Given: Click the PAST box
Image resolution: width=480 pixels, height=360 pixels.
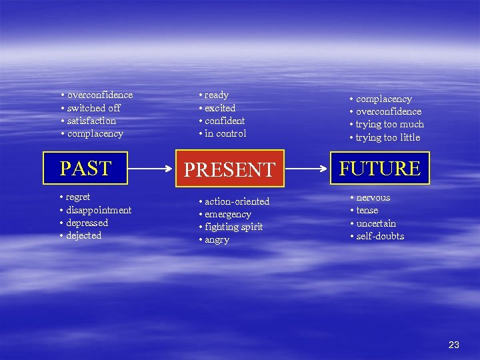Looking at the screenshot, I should (x=85, y=168).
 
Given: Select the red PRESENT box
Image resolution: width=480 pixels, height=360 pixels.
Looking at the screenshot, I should (x=229, y=169).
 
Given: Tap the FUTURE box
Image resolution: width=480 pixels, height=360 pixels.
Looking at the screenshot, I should (x=379, y=168).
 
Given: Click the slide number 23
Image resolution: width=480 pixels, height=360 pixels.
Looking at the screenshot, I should (x=454, y=345).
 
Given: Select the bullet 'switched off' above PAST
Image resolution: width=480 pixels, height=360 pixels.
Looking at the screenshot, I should (x=93, y=108).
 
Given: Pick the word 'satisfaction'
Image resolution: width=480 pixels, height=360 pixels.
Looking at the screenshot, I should (x=91, y=121).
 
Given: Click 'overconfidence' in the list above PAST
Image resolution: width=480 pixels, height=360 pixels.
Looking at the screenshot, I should (x=99, y=95).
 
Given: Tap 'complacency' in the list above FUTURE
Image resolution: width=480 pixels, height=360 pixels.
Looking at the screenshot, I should (x=383, y=99).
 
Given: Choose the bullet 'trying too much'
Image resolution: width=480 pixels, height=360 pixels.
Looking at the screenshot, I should (x=389, y=125).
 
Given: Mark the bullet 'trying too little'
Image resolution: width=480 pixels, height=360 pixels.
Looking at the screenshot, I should (x=387, y=137).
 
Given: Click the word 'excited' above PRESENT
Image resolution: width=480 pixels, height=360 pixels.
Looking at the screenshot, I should (x=220, y=108).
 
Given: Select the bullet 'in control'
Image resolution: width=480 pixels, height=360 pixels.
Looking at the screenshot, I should (x=225, y=133).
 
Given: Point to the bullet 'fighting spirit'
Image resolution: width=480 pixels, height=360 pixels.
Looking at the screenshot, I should (x=233, y=227).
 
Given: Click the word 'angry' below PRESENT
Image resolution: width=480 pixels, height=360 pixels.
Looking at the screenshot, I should (x=217, y=240).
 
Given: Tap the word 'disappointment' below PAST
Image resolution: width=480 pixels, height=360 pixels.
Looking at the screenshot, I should (x=99, y=210).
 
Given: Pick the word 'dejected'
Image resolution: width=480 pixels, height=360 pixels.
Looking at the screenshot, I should (x=83, y=235).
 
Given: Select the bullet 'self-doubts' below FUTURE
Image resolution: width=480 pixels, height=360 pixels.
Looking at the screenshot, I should (x=380, y=236).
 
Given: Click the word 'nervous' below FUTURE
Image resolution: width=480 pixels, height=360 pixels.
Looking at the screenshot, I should (x=373, y=198).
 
